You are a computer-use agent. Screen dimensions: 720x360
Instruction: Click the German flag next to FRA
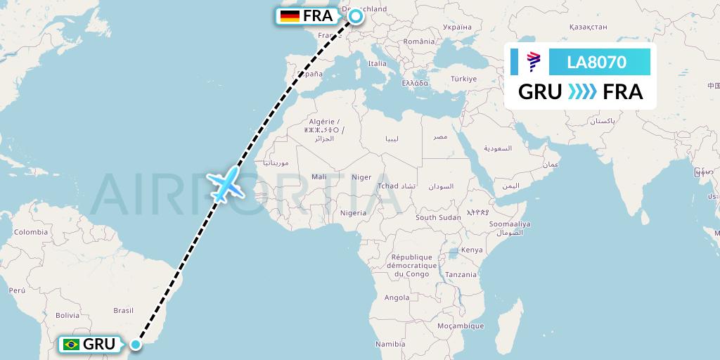coord(289,16)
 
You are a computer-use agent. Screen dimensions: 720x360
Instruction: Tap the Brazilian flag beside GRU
coord(70,345)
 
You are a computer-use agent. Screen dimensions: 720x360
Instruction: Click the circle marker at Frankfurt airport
coord(355,16)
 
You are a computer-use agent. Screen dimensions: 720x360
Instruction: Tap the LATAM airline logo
coord(533,62)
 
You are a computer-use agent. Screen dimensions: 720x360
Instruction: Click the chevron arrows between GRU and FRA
coord(581,92)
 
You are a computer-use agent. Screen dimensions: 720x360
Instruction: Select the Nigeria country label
coord(352,212)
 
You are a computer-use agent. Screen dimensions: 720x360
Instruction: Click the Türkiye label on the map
coord(463,78)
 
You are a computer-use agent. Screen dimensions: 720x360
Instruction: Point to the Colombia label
coord(30,232)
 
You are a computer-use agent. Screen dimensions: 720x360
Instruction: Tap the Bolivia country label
coord(67,314)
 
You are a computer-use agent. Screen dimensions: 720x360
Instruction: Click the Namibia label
coord(390,344)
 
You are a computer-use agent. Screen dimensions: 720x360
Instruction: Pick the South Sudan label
coord(438,217)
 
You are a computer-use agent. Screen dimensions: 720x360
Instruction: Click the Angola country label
coord(397,297)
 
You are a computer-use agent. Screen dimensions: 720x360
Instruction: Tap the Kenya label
coord(472,250)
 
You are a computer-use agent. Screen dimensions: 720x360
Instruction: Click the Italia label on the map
coord(378,63)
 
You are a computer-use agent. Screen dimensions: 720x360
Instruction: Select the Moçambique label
coord(462,326)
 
